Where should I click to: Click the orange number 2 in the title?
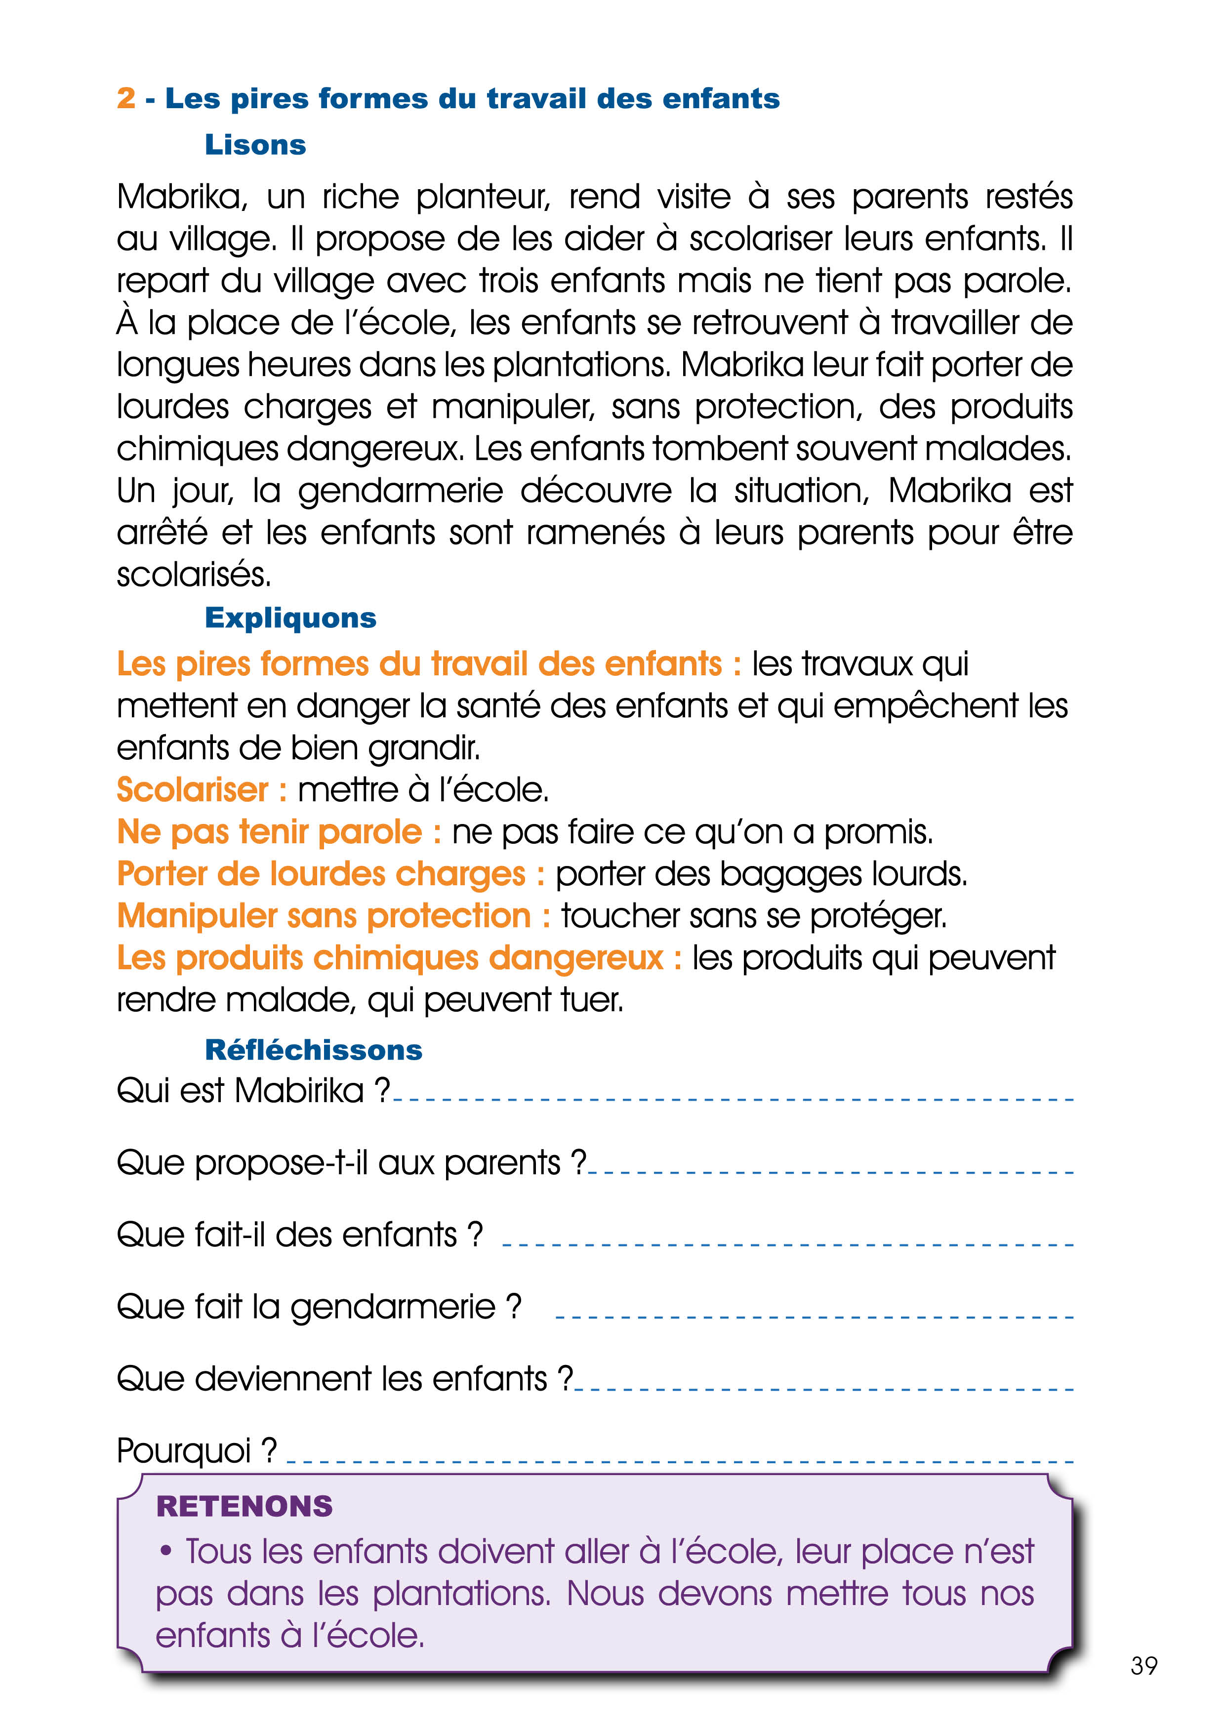(x=126, y=98)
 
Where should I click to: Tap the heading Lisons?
(x=255, y=145)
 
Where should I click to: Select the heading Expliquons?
(x=290, y=618)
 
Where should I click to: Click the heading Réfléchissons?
(x=313, y=1050)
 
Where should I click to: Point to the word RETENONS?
(x=244, y=1506)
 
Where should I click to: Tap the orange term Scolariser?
(x=193, y=790)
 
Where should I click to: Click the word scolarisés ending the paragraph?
(x=193, y=575)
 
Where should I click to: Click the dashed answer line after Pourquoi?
(x=679, y=1461)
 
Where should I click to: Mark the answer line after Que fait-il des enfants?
(x=787, y=1244)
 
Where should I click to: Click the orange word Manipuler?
(x=197, y=916)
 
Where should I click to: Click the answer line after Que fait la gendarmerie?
(x=814, y=1317)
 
